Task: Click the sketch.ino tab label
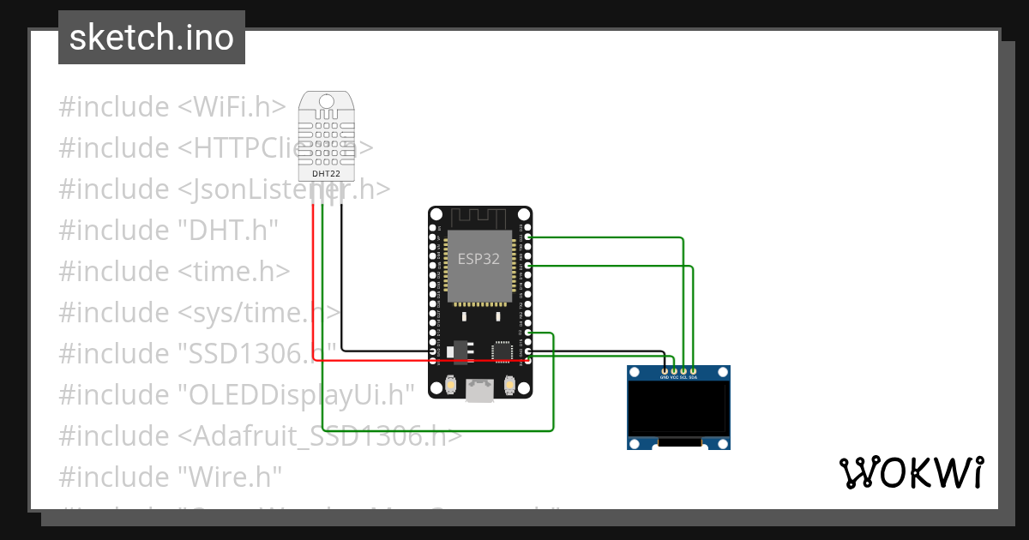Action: (x=152, y=38)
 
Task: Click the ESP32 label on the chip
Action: (x=478, y=259)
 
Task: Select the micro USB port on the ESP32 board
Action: (x=479, y=391)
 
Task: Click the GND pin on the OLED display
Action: (x=664, y=371)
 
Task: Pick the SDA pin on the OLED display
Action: (x=693, y=371)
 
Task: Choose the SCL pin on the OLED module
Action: (x=683, y=371)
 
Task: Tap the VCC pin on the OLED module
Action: (x=674, y=371)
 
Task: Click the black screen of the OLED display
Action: (x=678, y=408)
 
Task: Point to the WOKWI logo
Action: (x=911, y=472)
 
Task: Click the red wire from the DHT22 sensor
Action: (x=314, y=283)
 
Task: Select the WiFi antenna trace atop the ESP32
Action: (x=479, y=218)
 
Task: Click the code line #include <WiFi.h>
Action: (x=171, y=107)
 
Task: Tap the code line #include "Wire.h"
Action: (x=170, y=476)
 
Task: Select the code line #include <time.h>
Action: (x=174, y=271)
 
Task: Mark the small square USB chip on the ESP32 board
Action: (x=502, y=351)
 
